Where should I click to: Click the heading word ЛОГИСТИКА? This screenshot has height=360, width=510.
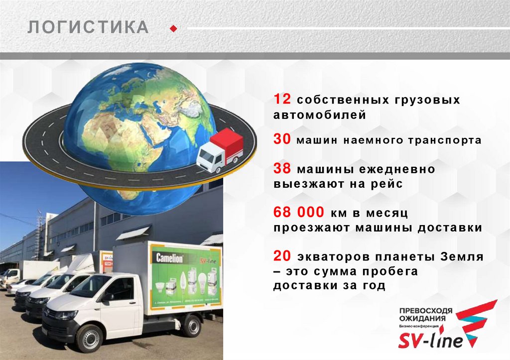pos(88,28)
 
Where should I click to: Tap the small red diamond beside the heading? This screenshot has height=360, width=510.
pos(173,28)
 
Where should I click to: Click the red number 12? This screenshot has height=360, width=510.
pos(282,99)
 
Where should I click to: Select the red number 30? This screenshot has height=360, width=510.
pos(282,140)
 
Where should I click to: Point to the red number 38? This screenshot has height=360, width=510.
pos(282,169)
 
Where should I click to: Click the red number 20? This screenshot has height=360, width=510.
pos(282,256)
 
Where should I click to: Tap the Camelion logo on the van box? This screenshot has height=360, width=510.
pos(170,258)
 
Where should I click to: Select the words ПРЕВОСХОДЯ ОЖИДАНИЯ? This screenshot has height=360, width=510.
pos(425,315)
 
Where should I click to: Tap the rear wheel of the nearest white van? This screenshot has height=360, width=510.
pos(191,325)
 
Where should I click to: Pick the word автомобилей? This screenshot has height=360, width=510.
pos(319,115)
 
